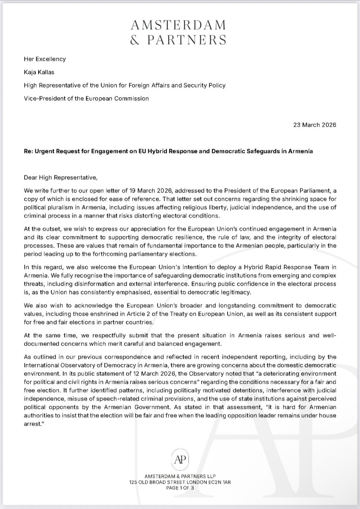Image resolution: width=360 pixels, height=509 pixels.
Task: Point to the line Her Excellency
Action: click(45, 59)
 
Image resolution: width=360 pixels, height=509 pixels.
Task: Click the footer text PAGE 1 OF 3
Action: click(180, 488)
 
